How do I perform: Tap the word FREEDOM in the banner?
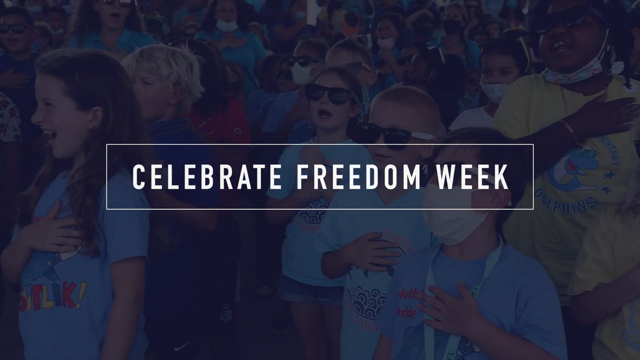359,177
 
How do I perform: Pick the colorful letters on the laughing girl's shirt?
53,297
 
